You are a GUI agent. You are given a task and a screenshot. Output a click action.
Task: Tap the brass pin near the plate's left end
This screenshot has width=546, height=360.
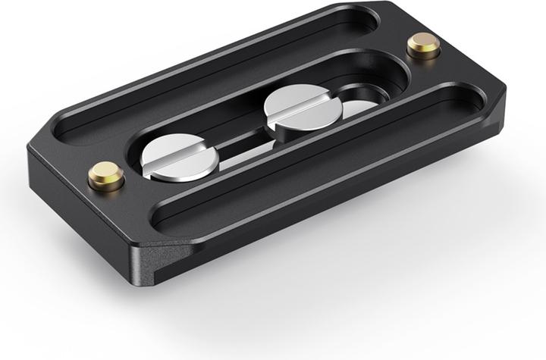tap(105, 177)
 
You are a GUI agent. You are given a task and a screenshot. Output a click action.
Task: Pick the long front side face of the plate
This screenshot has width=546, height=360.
tap(341, 197)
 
